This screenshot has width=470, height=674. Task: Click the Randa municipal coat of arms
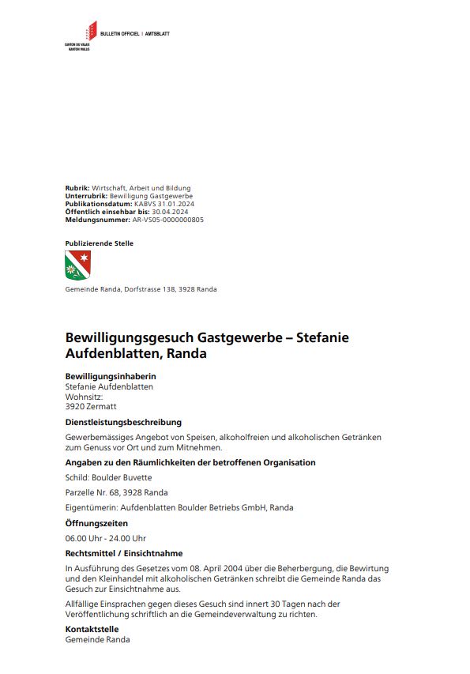[77, 265]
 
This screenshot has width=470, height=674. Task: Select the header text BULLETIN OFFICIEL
[120, 35]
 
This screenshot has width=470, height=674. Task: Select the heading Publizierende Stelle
[99, 243]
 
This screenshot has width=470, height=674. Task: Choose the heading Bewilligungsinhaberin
[110, 377]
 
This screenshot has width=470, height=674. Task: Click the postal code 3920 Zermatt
[90, 406]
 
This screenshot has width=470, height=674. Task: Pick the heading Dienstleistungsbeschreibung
[123, 422]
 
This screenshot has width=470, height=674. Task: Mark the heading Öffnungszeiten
[96, 523]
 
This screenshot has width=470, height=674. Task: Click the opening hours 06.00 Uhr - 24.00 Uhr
[106, 538]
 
